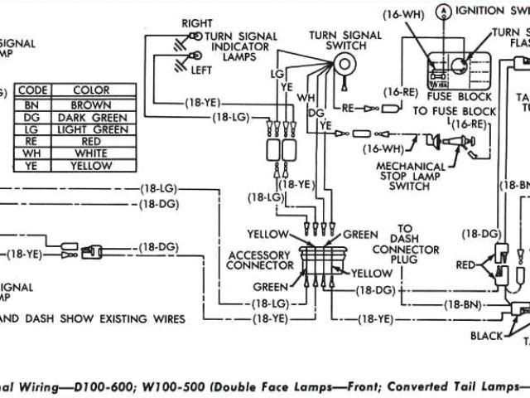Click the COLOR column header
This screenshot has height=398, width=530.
(x=91, y=90)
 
